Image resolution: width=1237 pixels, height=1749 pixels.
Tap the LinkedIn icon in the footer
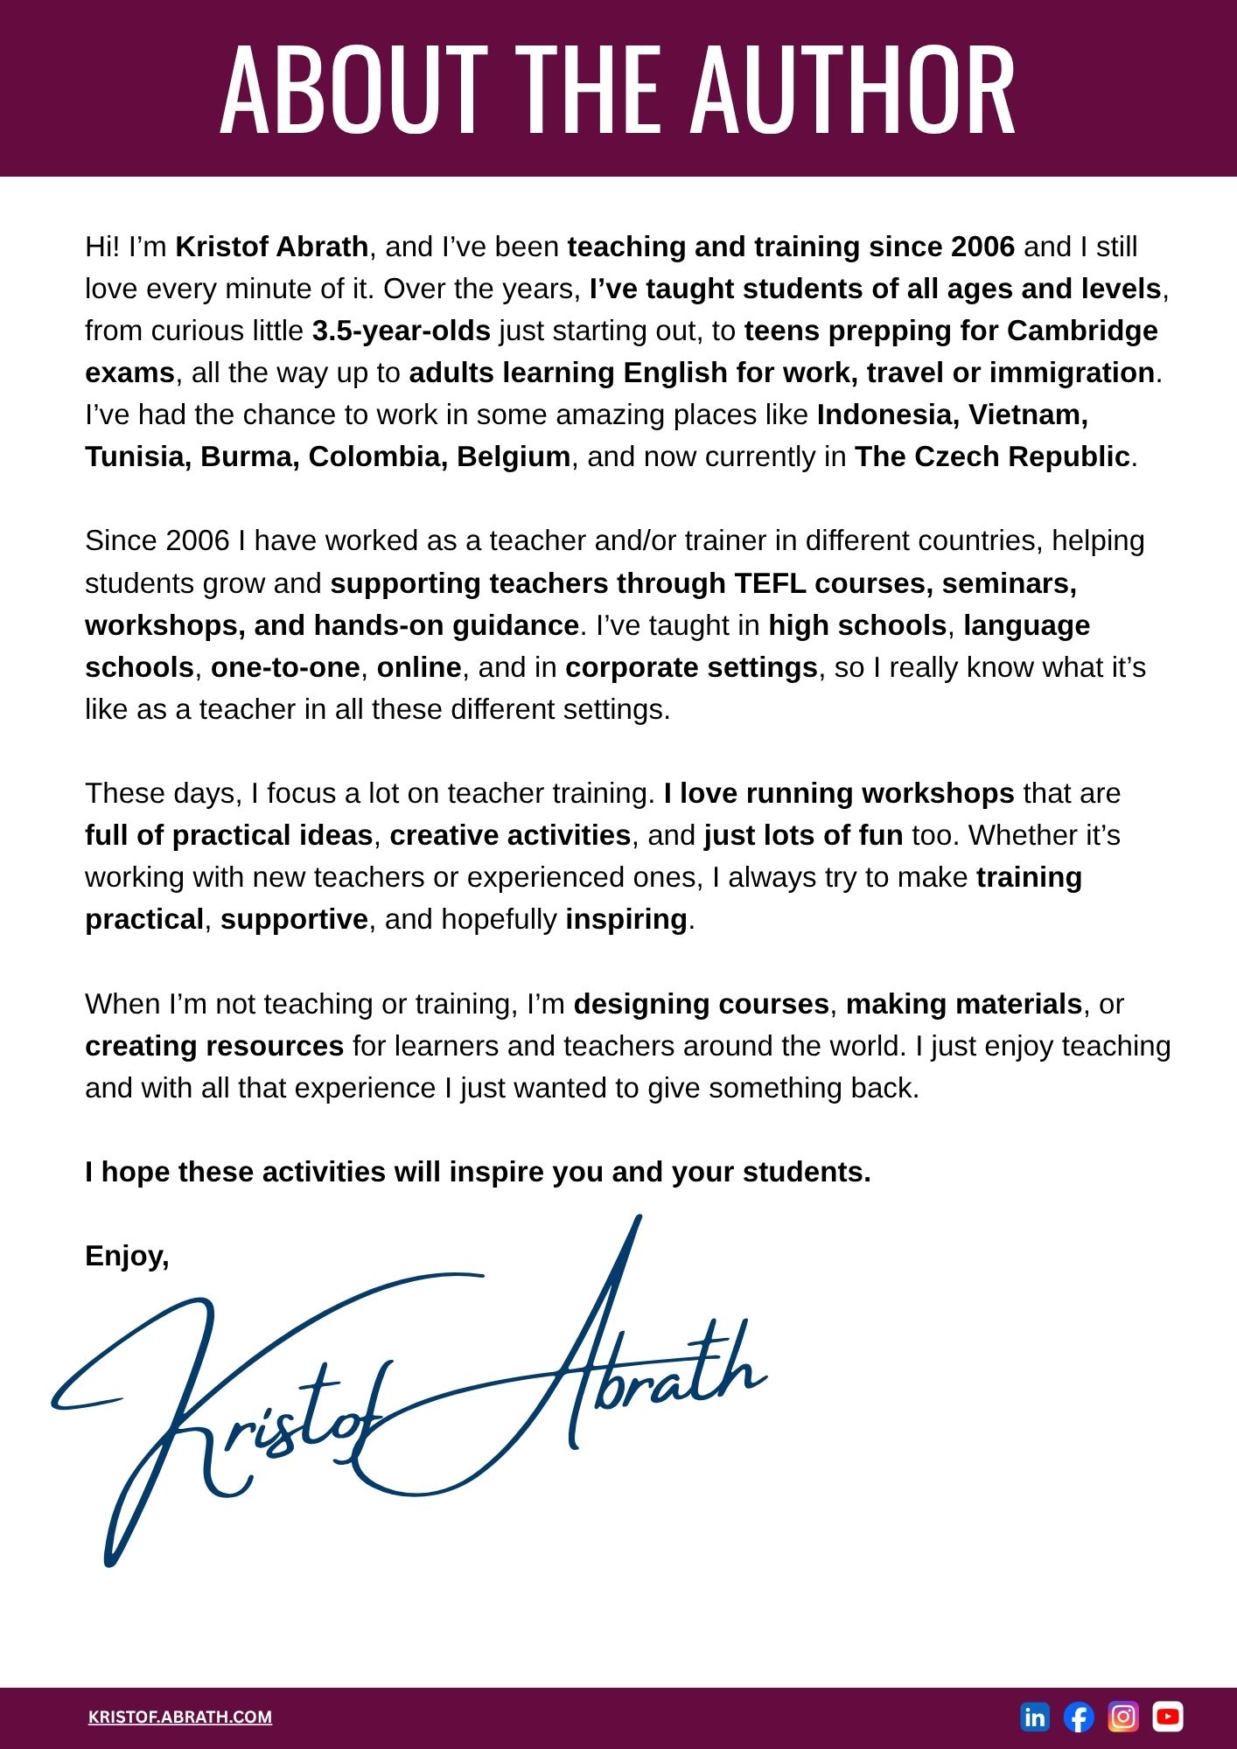1034,1717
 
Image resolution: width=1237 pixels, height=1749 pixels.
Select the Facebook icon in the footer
1079,1717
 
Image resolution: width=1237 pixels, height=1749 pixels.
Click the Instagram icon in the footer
1123,1717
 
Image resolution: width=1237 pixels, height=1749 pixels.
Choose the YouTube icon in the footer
1168,1717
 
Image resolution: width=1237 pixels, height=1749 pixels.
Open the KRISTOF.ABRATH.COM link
180,1717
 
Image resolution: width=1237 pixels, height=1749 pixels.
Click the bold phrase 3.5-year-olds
401,331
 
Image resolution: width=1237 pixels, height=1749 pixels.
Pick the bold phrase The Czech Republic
992,456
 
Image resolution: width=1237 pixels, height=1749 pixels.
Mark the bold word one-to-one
285,667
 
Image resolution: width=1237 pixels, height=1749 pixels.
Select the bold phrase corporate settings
691,667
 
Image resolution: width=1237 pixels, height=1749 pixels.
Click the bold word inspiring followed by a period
626,919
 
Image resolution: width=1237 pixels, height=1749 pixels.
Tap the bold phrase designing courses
701,1004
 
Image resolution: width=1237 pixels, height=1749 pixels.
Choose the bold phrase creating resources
214,1046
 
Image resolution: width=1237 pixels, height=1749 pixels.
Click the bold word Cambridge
1082,331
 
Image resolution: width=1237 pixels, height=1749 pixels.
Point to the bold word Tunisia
137,456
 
